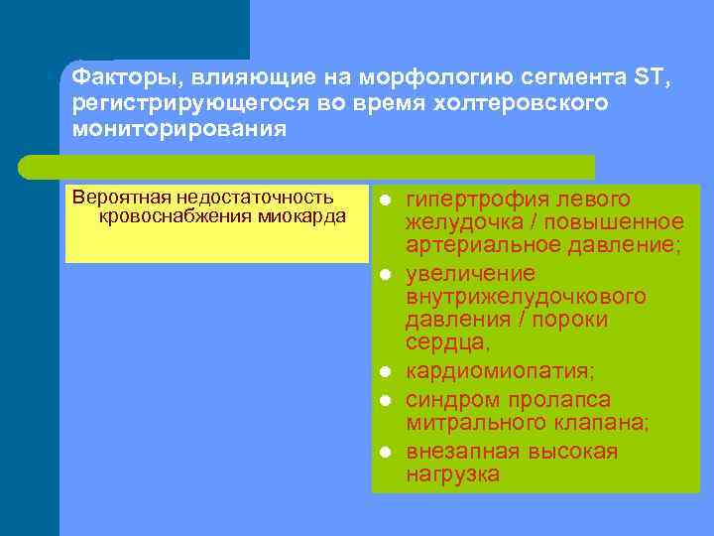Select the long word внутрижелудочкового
[x=526, y=297]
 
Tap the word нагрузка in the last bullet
[x=452, y=474]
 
